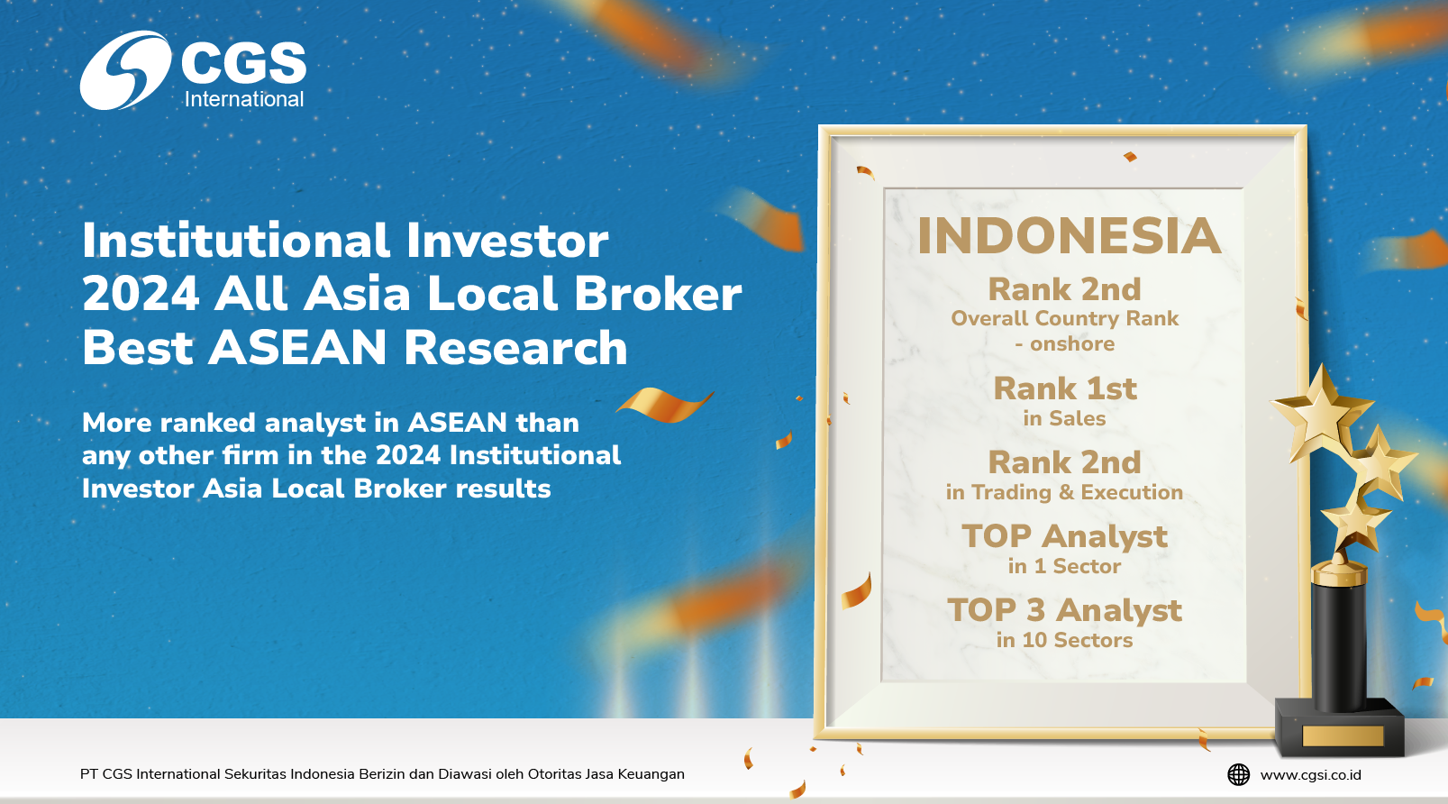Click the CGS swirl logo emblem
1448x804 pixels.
124,70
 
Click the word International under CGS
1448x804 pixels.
243,100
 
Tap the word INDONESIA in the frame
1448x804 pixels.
1070,236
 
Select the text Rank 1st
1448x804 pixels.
1065,388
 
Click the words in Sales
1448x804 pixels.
1064,418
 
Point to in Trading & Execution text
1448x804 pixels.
1064,492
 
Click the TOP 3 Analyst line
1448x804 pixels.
1065,610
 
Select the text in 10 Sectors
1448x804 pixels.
1064,640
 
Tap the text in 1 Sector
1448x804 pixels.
1064,567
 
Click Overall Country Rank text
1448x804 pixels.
1065,318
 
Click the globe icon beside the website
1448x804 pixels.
1239,774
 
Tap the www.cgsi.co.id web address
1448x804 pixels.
1310,775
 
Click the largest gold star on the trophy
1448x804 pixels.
1321,414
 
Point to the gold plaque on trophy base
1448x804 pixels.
1343,736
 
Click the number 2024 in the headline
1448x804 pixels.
141,295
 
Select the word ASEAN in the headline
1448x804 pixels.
297,348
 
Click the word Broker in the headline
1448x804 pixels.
658,294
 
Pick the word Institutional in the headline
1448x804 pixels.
236,241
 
